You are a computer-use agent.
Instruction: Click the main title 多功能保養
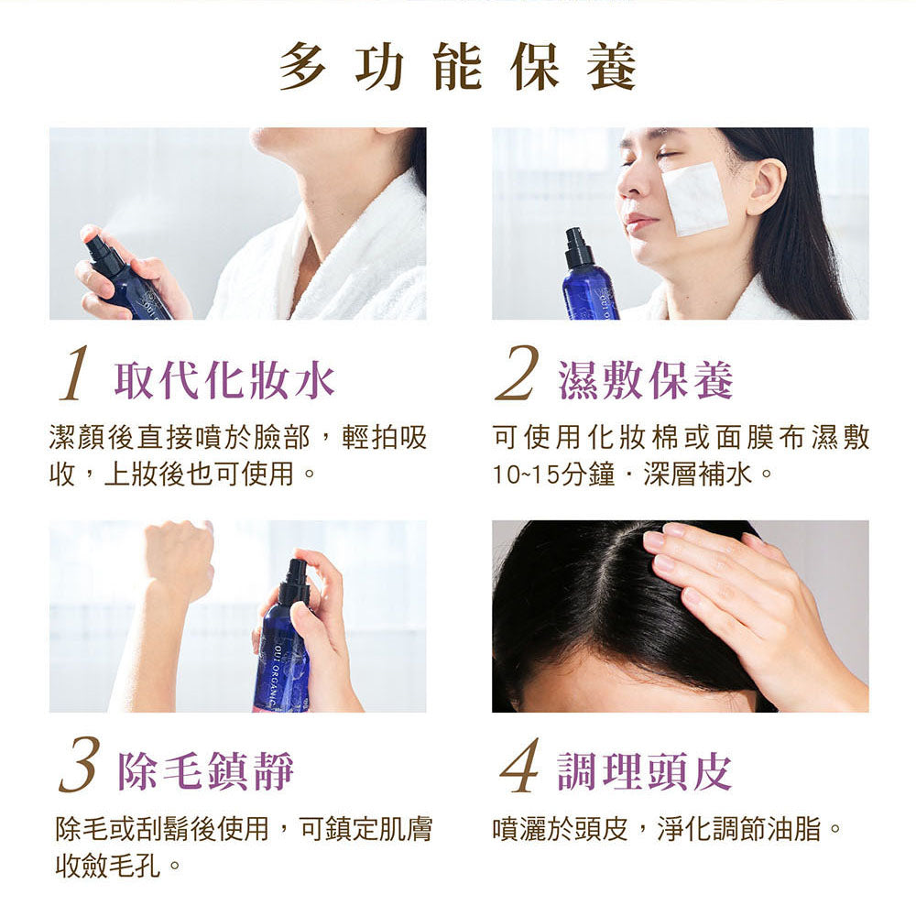tap(457, 67)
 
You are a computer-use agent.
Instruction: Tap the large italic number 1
tap(75, 375)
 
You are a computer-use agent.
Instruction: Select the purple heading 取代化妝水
tap(225, 381)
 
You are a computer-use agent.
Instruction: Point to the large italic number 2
tap(517, 374)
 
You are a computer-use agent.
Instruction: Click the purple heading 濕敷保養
tap(646, 381)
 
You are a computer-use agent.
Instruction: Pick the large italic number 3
tap(78, 765)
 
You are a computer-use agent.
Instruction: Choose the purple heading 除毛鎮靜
tap(205, 771)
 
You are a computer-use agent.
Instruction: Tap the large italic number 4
tap(518, 765)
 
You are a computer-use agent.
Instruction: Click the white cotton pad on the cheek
tap(695, 199)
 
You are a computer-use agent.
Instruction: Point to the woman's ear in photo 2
tap(765, 186)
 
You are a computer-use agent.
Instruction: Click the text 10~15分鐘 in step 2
tap(554, 474)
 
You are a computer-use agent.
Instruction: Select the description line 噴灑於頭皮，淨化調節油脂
tap(667, 828)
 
